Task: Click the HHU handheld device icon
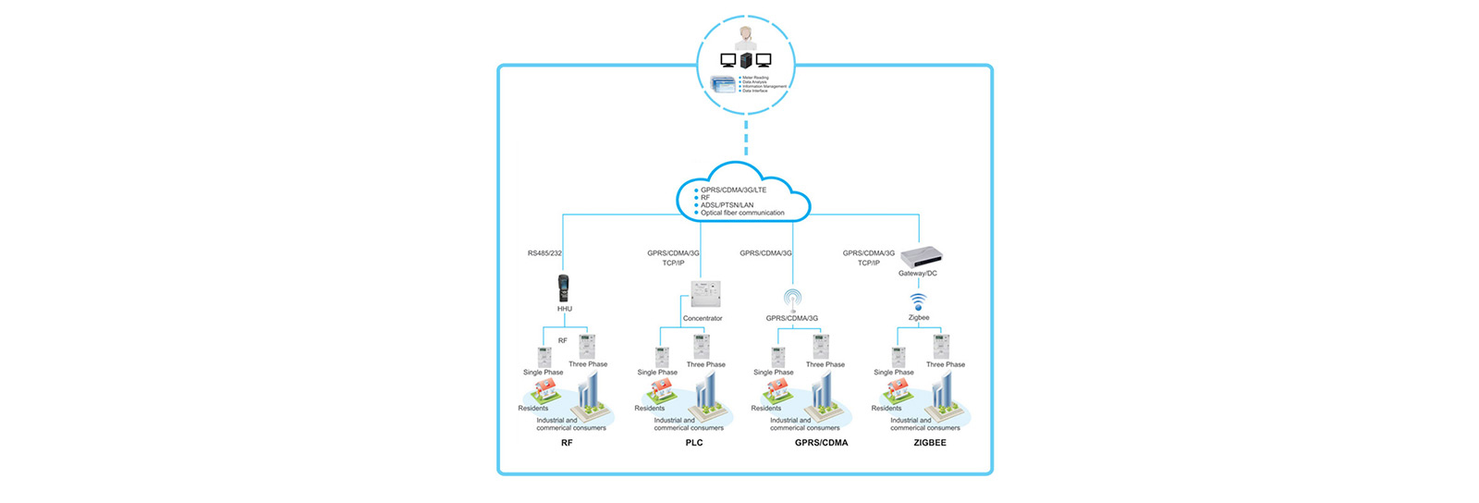click(x=563, y=288)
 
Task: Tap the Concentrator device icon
click(x=705, y=294)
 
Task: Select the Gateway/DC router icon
click(x=925, y=257)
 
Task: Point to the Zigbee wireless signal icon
click(x=918, y=301)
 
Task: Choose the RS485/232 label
click(x=544, y=253)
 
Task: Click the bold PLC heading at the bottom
click(x=694, y=443)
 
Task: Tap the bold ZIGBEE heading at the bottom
click(x=929, y=443)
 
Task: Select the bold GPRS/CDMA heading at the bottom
click(x=821, y=443)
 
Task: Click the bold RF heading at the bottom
click(x=567, y=443)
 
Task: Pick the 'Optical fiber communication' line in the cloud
click(x=742, y=213)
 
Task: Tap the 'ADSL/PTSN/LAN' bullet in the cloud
click(x=727, y=205)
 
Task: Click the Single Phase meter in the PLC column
click(x=662, y=357)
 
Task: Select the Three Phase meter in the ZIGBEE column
click(x=941, y=347)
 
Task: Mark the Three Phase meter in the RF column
click(x=586, y=347)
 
